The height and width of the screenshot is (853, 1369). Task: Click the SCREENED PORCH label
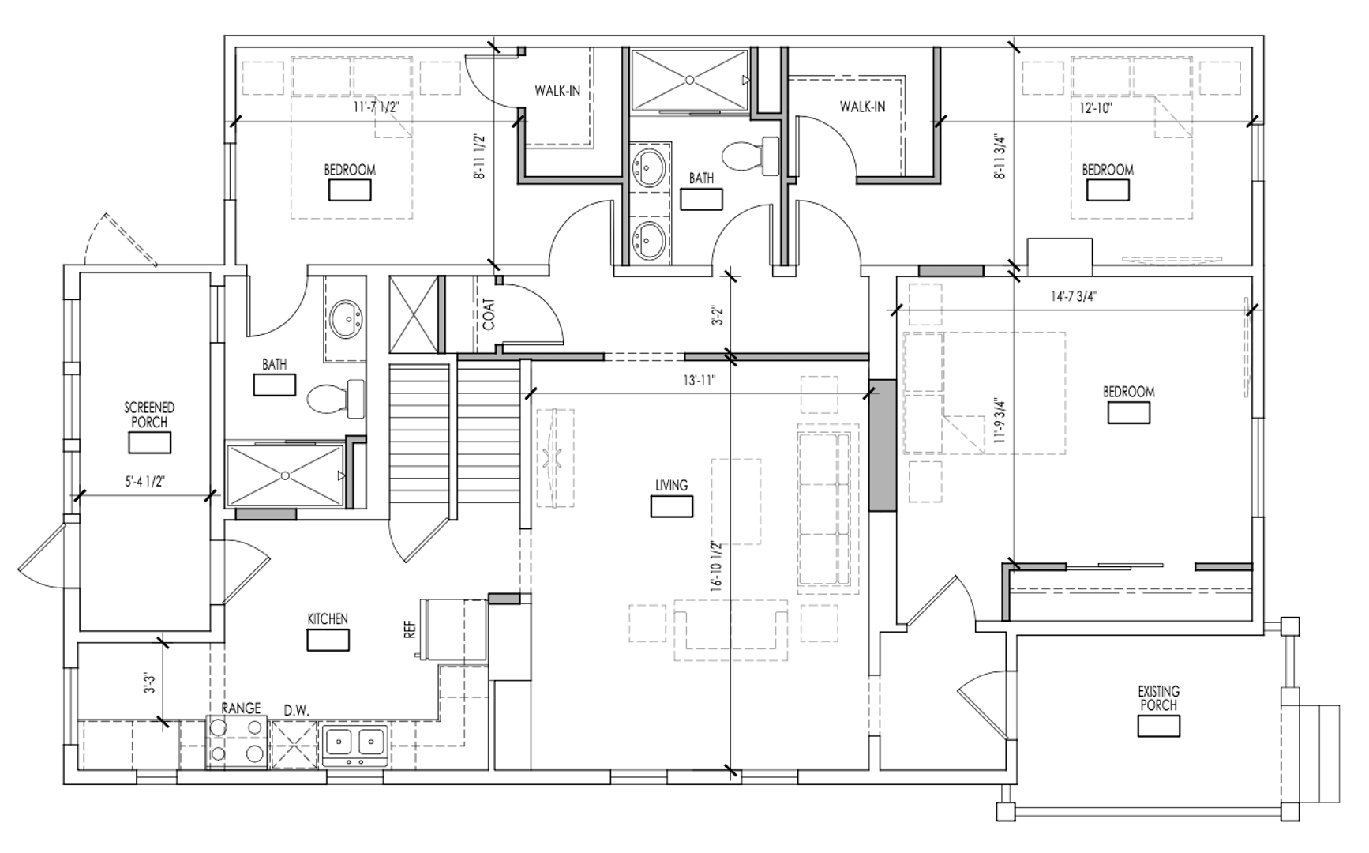(149, 415)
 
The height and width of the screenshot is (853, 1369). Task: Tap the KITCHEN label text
(328, 619)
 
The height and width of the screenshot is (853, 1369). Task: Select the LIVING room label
(671, 485)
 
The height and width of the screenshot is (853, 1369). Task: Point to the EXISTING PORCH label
(1158, 698)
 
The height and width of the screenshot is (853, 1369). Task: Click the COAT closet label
(489, 314)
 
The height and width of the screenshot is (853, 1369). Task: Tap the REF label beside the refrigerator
(410, 629)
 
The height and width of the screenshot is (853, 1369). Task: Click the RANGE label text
(241, 708)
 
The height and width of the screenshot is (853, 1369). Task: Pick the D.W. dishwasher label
(297, 710)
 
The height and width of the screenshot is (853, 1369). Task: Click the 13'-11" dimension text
(699, 381)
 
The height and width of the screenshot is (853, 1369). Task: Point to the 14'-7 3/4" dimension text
(1074, 297)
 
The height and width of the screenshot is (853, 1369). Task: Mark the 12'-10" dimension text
(1095, 108)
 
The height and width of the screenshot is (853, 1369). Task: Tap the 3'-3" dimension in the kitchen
(148, 683)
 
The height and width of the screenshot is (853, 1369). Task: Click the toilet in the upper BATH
(751, 156)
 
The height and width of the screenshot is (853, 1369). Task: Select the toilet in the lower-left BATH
(336, 399)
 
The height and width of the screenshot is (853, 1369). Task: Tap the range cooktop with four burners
(237, 742)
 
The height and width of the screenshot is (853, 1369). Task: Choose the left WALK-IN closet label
(557, 91)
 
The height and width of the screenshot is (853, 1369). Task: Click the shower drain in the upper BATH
(689, 79)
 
